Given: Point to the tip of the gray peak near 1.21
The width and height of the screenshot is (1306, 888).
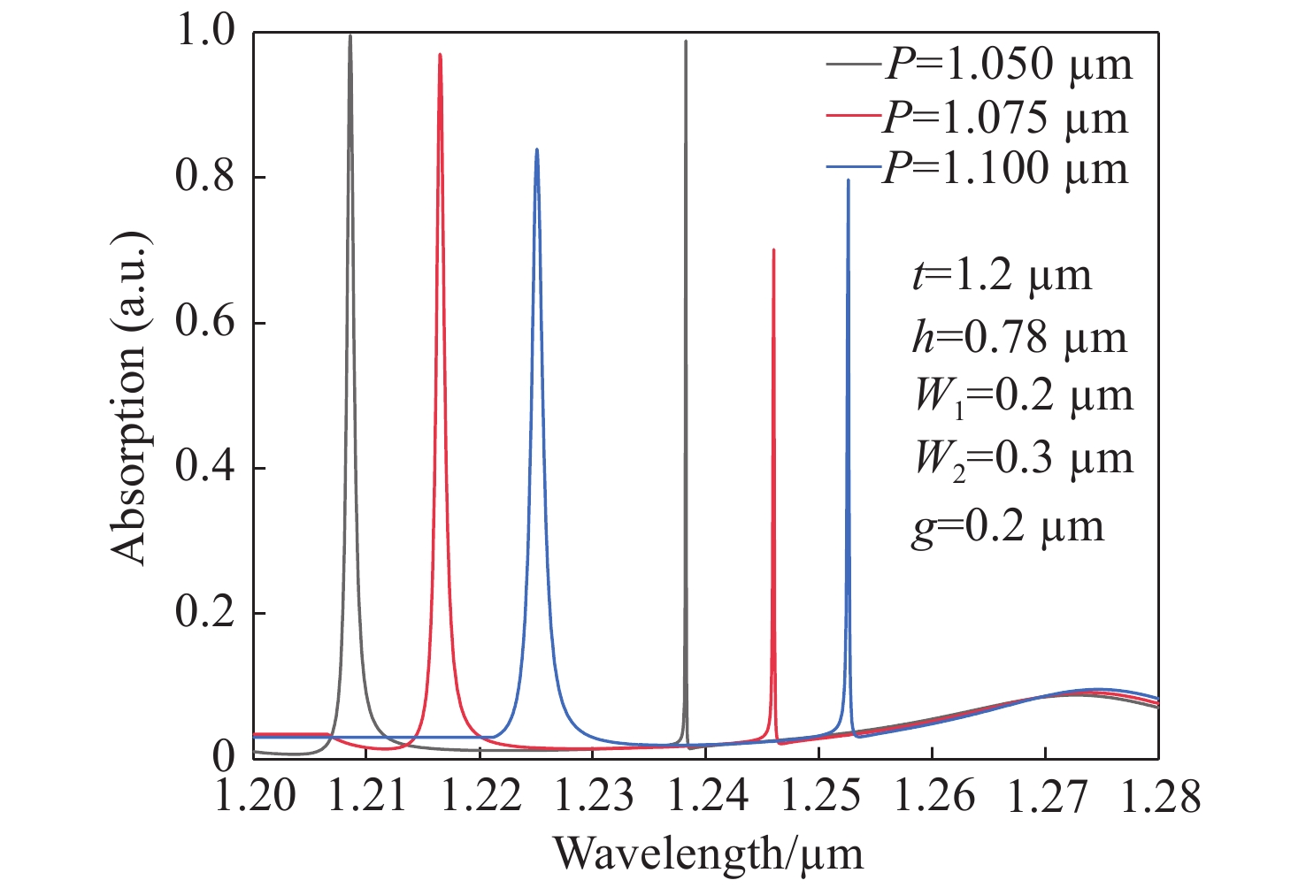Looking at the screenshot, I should point(350,36).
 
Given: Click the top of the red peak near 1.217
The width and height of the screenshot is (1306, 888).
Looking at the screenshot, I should point(440,55).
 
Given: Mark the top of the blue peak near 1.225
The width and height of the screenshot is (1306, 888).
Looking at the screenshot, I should point(536,149).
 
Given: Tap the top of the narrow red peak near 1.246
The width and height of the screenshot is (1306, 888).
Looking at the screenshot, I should point(773,250).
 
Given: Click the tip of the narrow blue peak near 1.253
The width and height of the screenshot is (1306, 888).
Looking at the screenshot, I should point(848,180).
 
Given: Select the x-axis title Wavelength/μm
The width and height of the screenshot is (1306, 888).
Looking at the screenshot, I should point(708,854).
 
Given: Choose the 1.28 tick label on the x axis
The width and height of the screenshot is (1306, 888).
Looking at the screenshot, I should point(1157,796).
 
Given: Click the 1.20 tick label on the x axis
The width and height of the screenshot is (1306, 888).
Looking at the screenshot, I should point(254,796).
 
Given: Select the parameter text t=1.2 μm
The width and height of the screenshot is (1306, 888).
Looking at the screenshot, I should point(1002,276).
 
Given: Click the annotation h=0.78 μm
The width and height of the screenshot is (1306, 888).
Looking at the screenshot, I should point(1019,337).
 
